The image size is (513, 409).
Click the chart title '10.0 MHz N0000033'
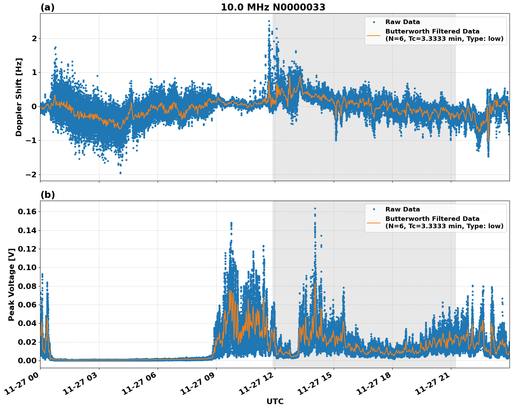pyautogui.click(x=273, y=7)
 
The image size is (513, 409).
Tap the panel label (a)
pyautogui.click(x=47, y=7)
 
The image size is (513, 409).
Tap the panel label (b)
pyautogui.click(x=47, y=195)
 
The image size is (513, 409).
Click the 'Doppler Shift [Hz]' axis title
pyautogui.click(x=19, y=97)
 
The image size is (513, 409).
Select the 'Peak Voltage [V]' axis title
pyautogui.click(x=12, y=284)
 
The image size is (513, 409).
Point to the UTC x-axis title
pyautogui.click(x=275, y=401)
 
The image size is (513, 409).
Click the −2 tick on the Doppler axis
pyautogui.click(x=31, y=174)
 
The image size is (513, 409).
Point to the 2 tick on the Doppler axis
pyautogui.click(x=34, y=38)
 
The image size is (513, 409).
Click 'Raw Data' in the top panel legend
pyautogui.click(x=402, y=22)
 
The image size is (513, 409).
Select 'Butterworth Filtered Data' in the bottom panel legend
pyautogui.click(x=432, y=219)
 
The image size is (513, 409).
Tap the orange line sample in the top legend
pyautogui.click(x=374, y=35)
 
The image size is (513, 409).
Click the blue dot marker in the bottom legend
pyautogui.click(x=374, y=209)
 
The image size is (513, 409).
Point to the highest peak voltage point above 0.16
pyautogui.click(x=315, y=208)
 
